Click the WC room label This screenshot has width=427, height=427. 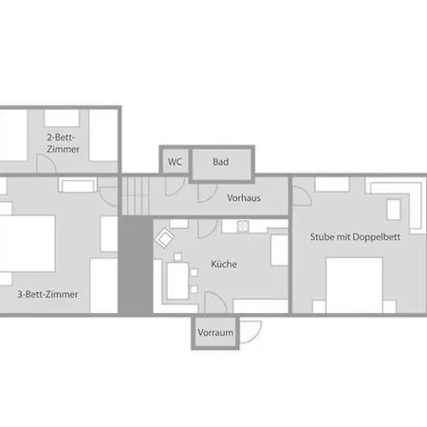click(175, 161)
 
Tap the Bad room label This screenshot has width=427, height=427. click(220, 161)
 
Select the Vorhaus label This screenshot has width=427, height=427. click(244, 198)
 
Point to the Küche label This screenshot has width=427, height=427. click(224, 264)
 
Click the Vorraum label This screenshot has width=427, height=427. click(215, 332)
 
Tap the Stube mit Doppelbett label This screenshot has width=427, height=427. click(355, 237)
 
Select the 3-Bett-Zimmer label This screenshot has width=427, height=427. click(47, 294)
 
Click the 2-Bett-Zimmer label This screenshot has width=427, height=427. click(63, 143)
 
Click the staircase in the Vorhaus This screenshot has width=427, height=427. click(136, 195)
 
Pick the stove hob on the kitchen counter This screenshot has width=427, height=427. click(243, 226)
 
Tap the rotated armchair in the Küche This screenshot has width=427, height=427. click(164, 238)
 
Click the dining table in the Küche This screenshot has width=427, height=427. click(177, 281)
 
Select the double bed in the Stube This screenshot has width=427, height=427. click(354, 286)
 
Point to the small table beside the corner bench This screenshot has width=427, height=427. click(394, 210)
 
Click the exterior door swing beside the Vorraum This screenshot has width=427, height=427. click(251, 332)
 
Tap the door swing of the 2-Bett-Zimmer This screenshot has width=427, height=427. click(46, 163)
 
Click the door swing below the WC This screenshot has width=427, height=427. click(175, 186)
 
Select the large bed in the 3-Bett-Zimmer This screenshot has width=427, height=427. click(28, 243)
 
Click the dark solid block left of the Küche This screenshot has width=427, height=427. click(136, 266)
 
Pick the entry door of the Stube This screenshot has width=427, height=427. click(302, 196)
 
